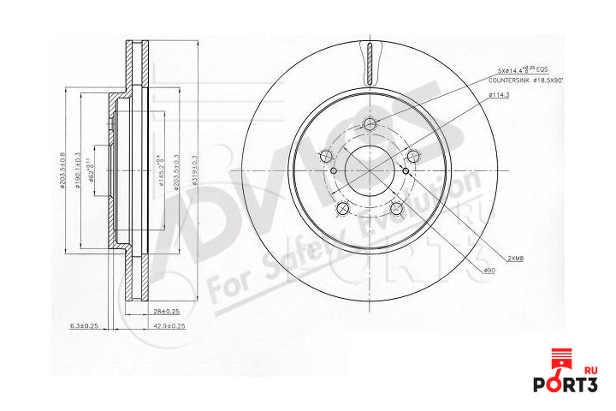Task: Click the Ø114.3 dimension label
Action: click(499, 95)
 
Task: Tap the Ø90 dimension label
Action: click(489, 270)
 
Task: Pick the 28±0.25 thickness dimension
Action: click(166, 311)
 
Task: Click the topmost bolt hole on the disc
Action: click(369, 123)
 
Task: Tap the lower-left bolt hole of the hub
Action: click(342, 208)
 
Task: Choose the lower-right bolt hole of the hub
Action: click(396, 208)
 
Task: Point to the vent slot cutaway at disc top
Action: click(369, 62)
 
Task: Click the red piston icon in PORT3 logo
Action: click(561, 360)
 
